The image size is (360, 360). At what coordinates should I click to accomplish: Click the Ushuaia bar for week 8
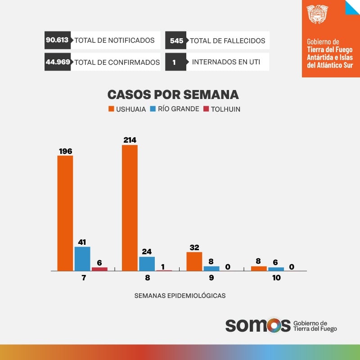(130, 208)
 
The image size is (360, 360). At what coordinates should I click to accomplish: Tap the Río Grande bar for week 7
(82, 259)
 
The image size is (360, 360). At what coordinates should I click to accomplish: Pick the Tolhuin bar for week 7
(99, 269)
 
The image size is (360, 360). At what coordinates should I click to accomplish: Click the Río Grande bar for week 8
(147, 264)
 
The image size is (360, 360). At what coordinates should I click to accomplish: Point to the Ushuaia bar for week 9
(194, 261)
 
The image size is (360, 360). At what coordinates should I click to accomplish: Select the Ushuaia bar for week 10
(259, 269)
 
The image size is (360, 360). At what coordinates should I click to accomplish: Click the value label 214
(130, 140)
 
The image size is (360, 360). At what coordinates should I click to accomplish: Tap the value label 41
(82, 242)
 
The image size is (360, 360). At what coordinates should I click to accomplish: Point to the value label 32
(194, 247)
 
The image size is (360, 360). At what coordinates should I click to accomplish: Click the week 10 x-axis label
(276, 278)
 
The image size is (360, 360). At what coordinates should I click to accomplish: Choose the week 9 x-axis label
(211, 278)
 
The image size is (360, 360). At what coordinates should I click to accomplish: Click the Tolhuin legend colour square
(207, 109)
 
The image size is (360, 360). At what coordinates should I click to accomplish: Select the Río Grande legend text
(178, 109)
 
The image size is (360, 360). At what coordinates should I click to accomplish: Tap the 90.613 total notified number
(57, 40)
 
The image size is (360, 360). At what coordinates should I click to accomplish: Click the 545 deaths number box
(176, 40)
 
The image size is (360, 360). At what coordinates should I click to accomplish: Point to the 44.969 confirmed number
(58, 62)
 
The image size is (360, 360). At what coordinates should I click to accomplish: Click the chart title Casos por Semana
(173, 94)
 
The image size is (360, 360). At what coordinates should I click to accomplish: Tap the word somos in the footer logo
(258, 325)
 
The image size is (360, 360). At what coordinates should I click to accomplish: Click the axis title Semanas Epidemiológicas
(180, 296)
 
